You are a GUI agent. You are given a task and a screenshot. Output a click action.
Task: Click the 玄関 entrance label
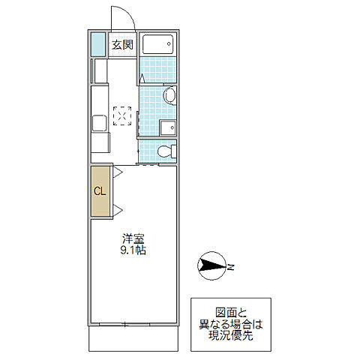click(123, 46)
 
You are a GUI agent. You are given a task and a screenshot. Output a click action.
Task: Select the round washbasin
click(169, 95)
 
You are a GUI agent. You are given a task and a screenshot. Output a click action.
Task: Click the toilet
click(168, 151)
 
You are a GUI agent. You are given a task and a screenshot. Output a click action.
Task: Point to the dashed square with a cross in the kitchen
click(121, 116)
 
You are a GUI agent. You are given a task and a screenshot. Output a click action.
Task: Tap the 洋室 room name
click(133, 238)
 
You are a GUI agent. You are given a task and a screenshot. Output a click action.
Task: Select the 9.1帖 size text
click(133, 251)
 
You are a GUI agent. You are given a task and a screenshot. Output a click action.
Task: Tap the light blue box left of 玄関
click(97, 46)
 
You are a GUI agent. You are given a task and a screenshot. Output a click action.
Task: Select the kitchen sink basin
click(98, 124)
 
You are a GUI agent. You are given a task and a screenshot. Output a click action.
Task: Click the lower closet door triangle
click(116, 209)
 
